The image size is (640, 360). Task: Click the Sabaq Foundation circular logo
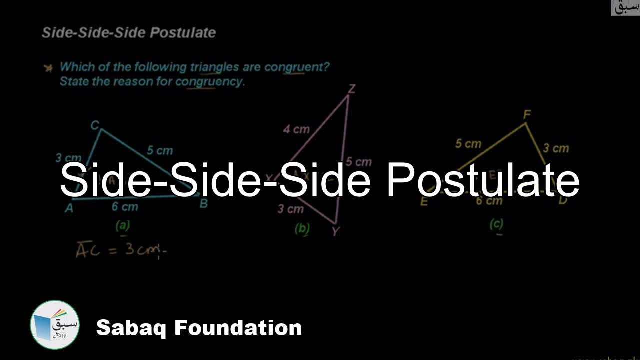(55, 325)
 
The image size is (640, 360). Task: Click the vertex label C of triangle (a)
(95, 126)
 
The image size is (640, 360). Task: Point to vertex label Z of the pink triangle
(352, 89)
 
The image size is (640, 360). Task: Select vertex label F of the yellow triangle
(526, 115)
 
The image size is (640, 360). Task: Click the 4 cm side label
(296, 130)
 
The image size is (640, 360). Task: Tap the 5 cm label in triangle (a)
(160, 150)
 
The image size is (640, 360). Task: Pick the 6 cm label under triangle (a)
(125, 206)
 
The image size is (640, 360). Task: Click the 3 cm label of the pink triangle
(290, 209)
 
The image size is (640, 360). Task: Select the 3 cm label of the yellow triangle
(556, 148)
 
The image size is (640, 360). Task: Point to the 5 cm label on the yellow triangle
(468, 144)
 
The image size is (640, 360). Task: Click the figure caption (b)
(302, 228)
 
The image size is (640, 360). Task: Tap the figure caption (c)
(496, 224)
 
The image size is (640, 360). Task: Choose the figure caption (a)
(122, 226)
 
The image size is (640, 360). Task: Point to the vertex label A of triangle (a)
(69, 208)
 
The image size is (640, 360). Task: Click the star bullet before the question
(48, 68)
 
